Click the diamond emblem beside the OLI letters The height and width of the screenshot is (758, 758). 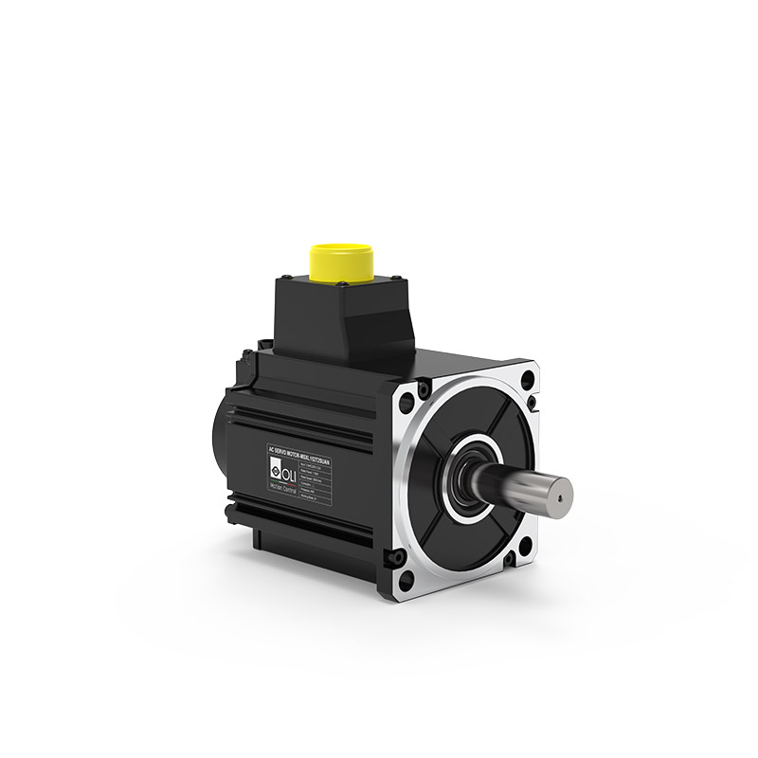(x=274, y=466)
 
